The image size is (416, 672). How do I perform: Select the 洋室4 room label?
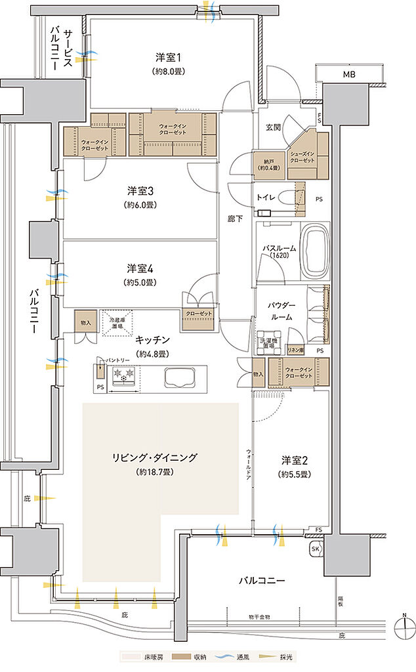(141, 268)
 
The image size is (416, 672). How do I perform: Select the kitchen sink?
(179, 378)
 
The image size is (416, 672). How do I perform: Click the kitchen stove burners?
(124, 376)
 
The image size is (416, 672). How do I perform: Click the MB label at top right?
(348, 76)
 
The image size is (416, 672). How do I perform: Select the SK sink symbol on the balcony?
(314, 548)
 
